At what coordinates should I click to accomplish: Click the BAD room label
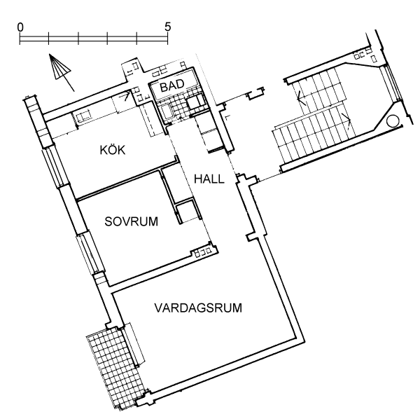pos(172,85)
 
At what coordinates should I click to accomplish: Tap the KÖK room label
pos(113,150)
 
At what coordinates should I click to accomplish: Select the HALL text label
pos(209,179)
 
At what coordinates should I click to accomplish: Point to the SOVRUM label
pos(132,221)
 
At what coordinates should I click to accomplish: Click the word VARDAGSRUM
pos(198,308)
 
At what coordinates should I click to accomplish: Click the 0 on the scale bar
pos(20,27)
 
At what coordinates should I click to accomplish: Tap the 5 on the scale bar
pos(167,27)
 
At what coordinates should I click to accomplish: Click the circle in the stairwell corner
pos(393,121)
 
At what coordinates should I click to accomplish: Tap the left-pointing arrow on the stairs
pos(302,98)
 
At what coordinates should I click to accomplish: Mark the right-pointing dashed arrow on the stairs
pos(346,121)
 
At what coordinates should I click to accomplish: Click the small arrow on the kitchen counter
pos(127,95)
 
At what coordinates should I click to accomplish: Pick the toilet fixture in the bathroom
pos(193,103)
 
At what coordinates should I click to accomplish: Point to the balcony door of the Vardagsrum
pos(133,345)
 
